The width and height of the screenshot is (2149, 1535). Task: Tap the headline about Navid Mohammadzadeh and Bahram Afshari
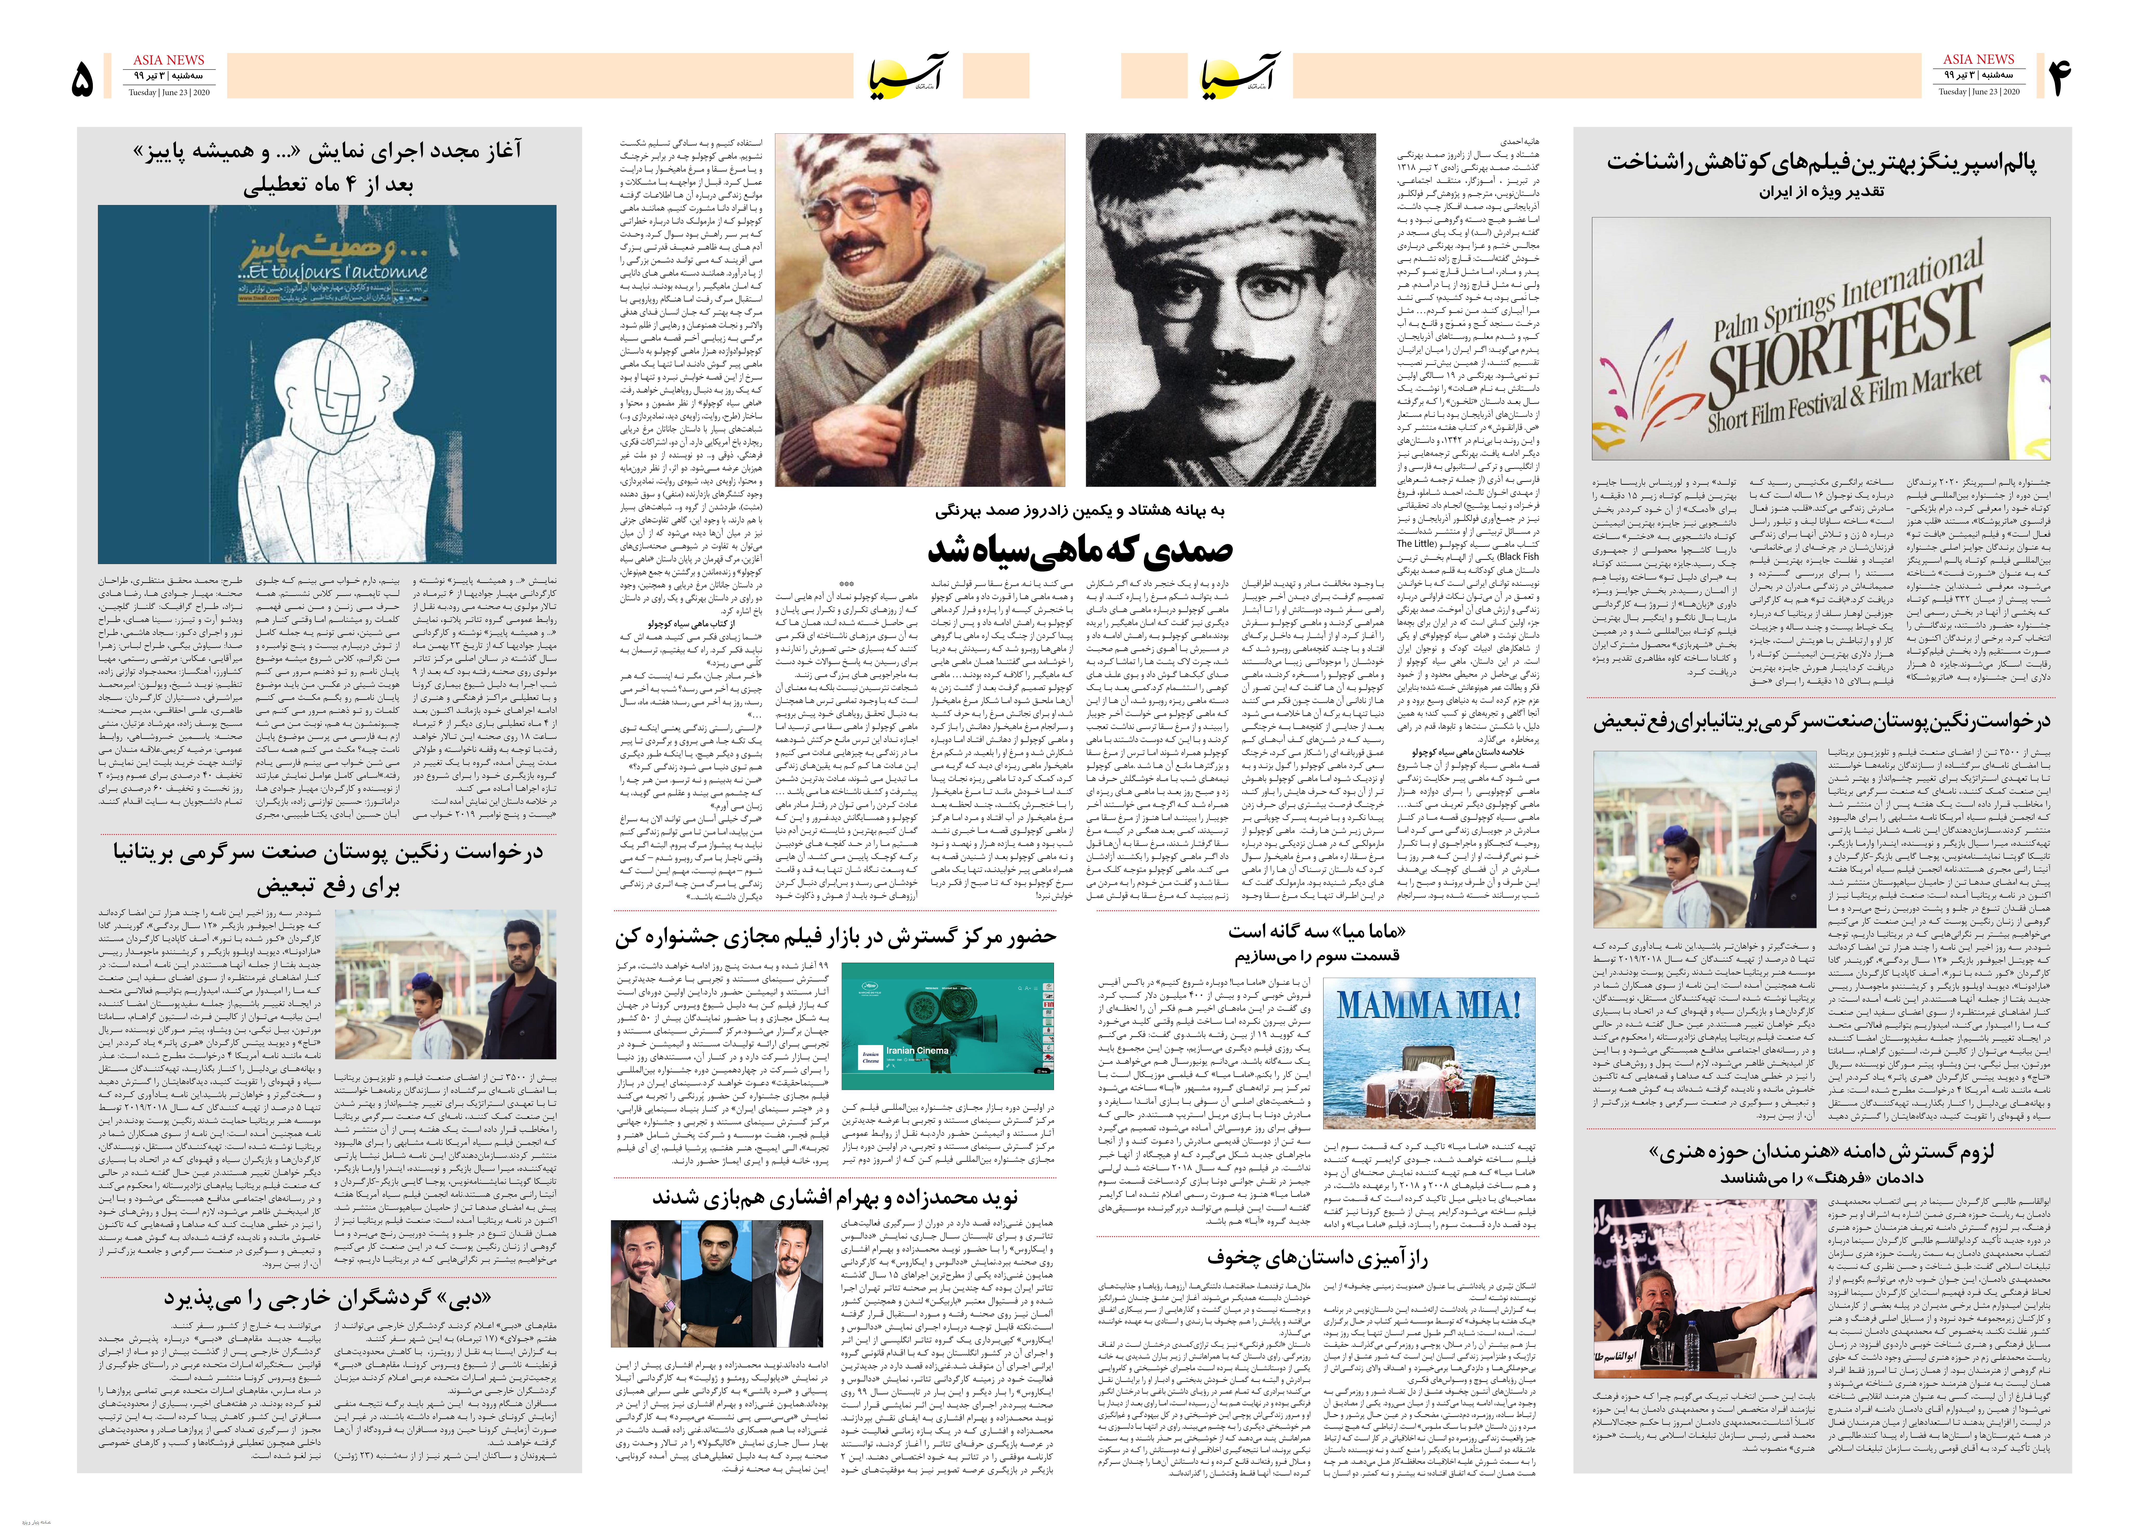pyautogui.click(x=834, y=1198)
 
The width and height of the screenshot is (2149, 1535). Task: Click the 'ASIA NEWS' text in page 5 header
pyautogui.click(x=168, y=60)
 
